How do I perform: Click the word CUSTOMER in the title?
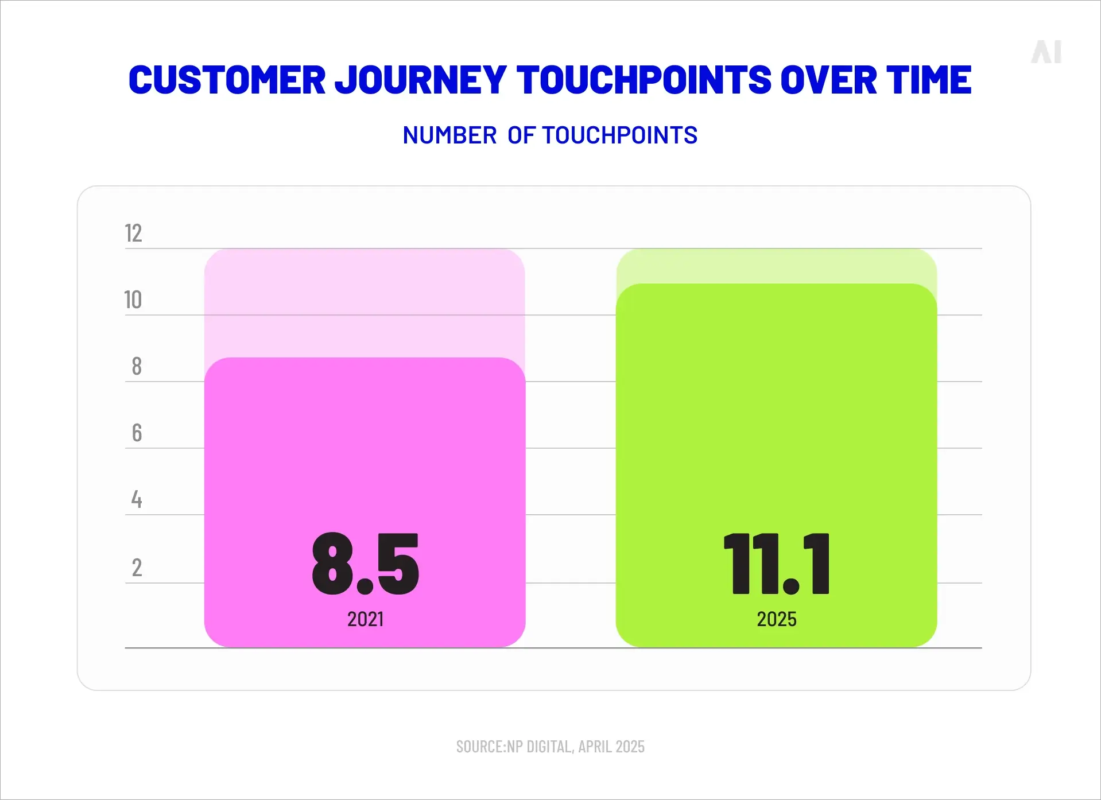click(227, 80)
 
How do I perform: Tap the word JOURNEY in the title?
click(420, 80)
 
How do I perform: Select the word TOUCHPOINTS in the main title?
click(643, 80)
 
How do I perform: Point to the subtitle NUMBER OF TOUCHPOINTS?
click(550, 135)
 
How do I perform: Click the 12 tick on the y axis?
click(133, 234)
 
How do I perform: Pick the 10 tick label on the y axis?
click(133, 300)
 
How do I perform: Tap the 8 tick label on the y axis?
click(137, 366)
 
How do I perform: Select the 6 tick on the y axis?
click(137, 433)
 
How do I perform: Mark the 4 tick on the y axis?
click(137, 499)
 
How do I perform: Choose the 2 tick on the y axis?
click(137, 568)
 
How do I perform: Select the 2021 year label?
click(366, 619)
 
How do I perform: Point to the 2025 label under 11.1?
click(776, 619)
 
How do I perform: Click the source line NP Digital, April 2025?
click(550, 747)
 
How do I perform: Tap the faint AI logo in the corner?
click(1046, 52)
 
